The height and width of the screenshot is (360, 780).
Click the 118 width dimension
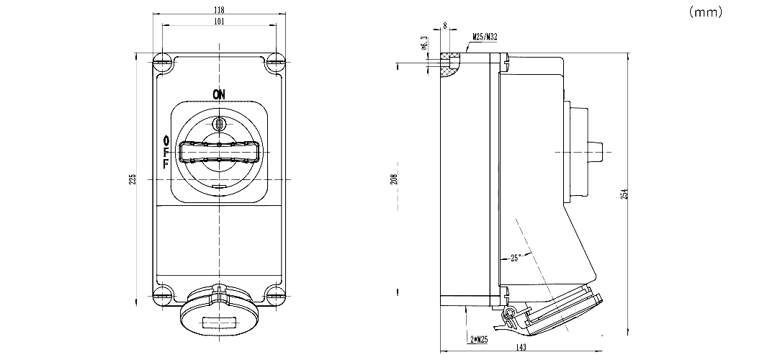[x=220, y=10]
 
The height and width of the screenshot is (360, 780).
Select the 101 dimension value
[x=220, y=22]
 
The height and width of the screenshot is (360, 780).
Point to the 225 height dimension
[x=132, y=179]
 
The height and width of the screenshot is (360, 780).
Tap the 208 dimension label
[x=394, y=179]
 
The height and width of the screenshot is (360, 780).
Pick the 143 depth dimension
[x=521, y=348]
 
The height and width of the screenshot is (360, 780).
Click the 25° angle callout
[x=515, y=257]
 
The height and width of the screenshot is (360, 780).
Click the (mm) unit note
[x=705, y=12]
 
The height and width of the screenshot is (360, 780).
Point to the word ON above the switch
[x=219, y=94]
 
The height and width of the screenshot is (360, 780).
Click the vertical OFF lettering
[x=166, y=151]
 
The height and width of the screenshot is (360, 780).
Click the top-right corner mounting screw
[x=274, y=63]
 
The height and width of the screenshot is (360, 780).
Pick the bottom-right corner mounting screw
[x=274, y=293]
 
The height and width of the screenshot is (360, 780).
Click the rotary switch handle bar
[x=220, y=153]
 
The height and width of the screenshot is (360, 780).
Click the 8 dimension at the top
[x=444, y=26]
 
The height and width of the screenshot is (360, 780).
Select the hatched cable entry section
[x=451, y=63]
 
